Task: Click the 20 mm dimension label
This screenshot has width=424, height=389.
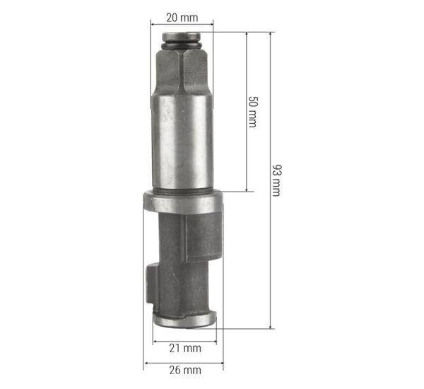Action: [182, 18]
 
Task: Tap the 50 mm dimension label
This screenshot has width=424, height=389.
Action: [253, 112]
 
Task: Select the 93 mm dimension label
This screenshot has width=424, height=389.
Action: [276, 180]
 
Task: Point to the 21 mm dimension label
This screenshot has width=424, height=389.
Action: [185, 348]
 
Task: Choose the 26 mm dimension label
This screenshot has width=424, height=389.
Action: [185, 370]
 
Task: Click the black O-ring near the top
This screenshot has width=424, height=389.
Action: [182, 45]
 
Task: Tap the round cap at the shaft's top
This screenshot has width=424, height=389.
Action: [181, 37]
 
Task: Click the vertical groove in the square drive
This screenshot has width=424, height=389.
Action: [181, 71]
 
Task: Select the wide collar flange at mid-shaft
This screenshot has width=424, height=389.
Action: [184, 202]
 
